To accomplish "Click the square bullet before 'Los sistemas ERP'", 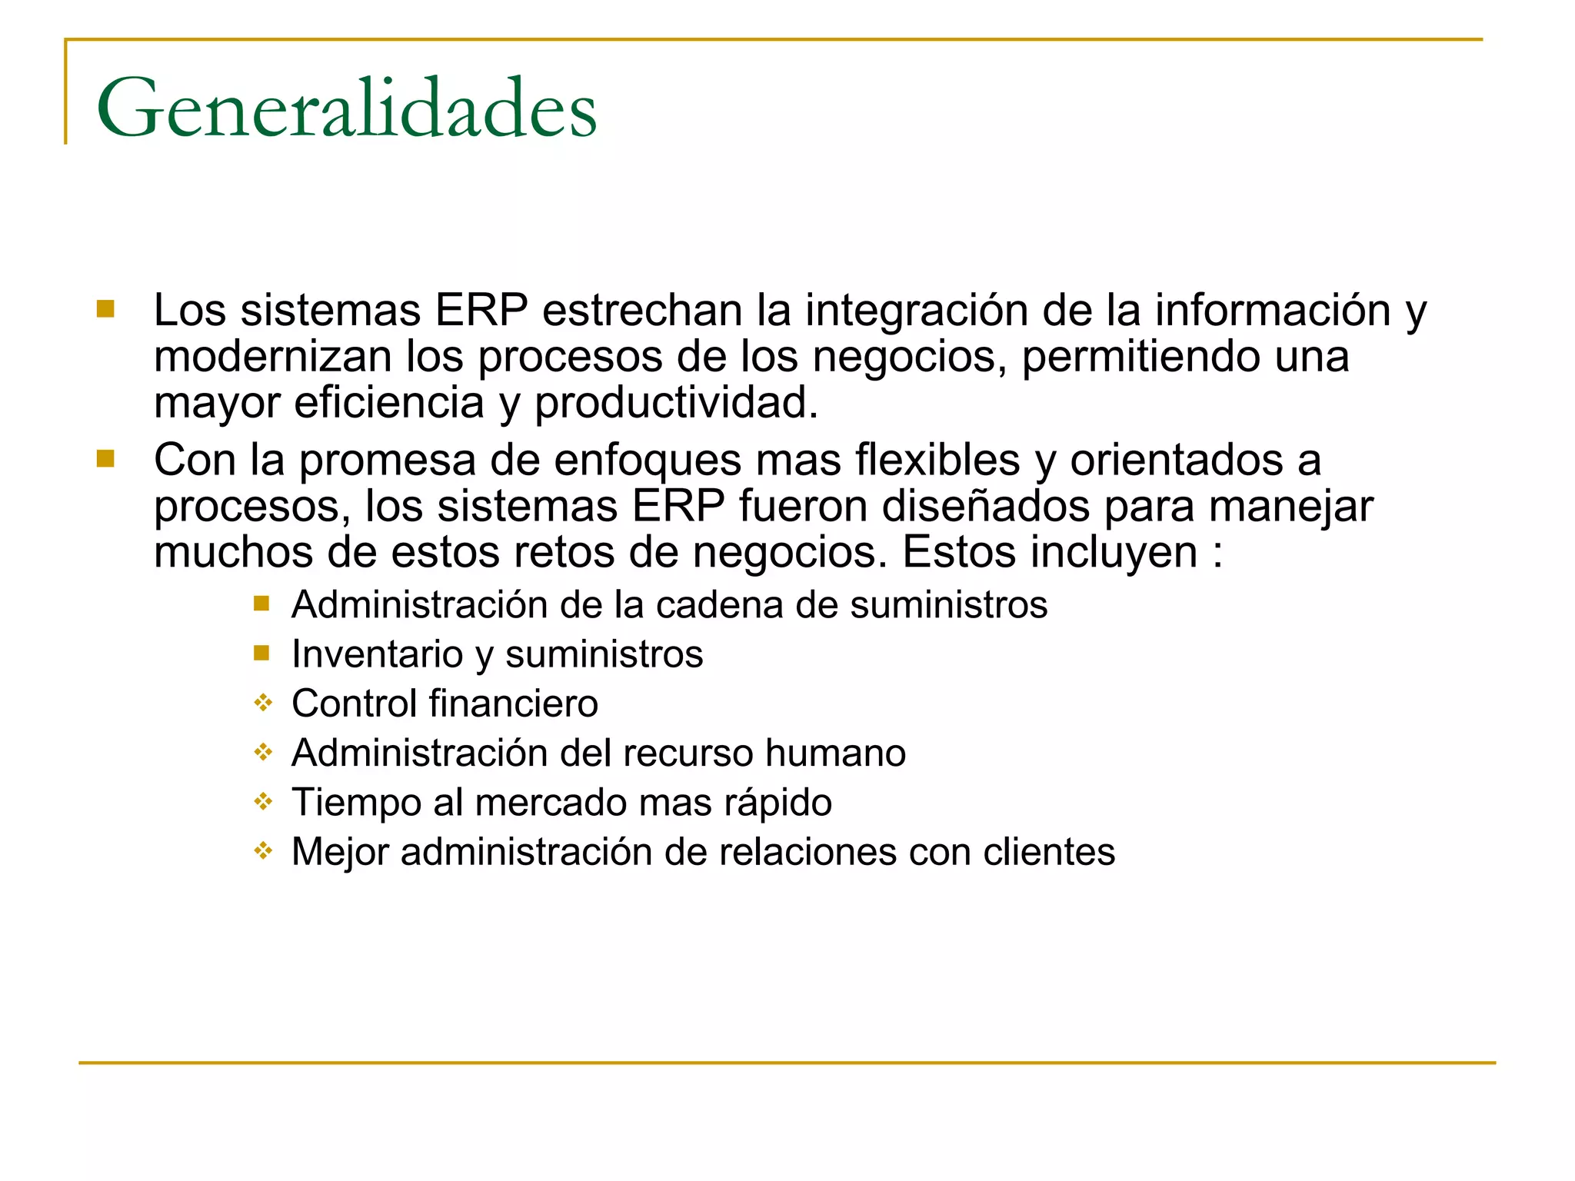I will tap(105, 309).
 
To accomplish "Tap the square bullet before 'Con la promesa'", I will tap(105, 459).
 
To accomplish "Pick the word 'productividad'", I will tap(676, 404).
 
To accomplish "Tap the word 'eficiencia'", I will tap(389, 402).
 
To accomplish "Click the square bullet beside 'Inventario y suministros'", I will tap(261, 654).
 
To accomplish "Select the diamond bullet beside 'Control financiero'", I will tap(263, 703).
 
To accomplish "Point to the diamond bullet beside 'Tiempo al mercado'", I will tap(263, 802).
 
